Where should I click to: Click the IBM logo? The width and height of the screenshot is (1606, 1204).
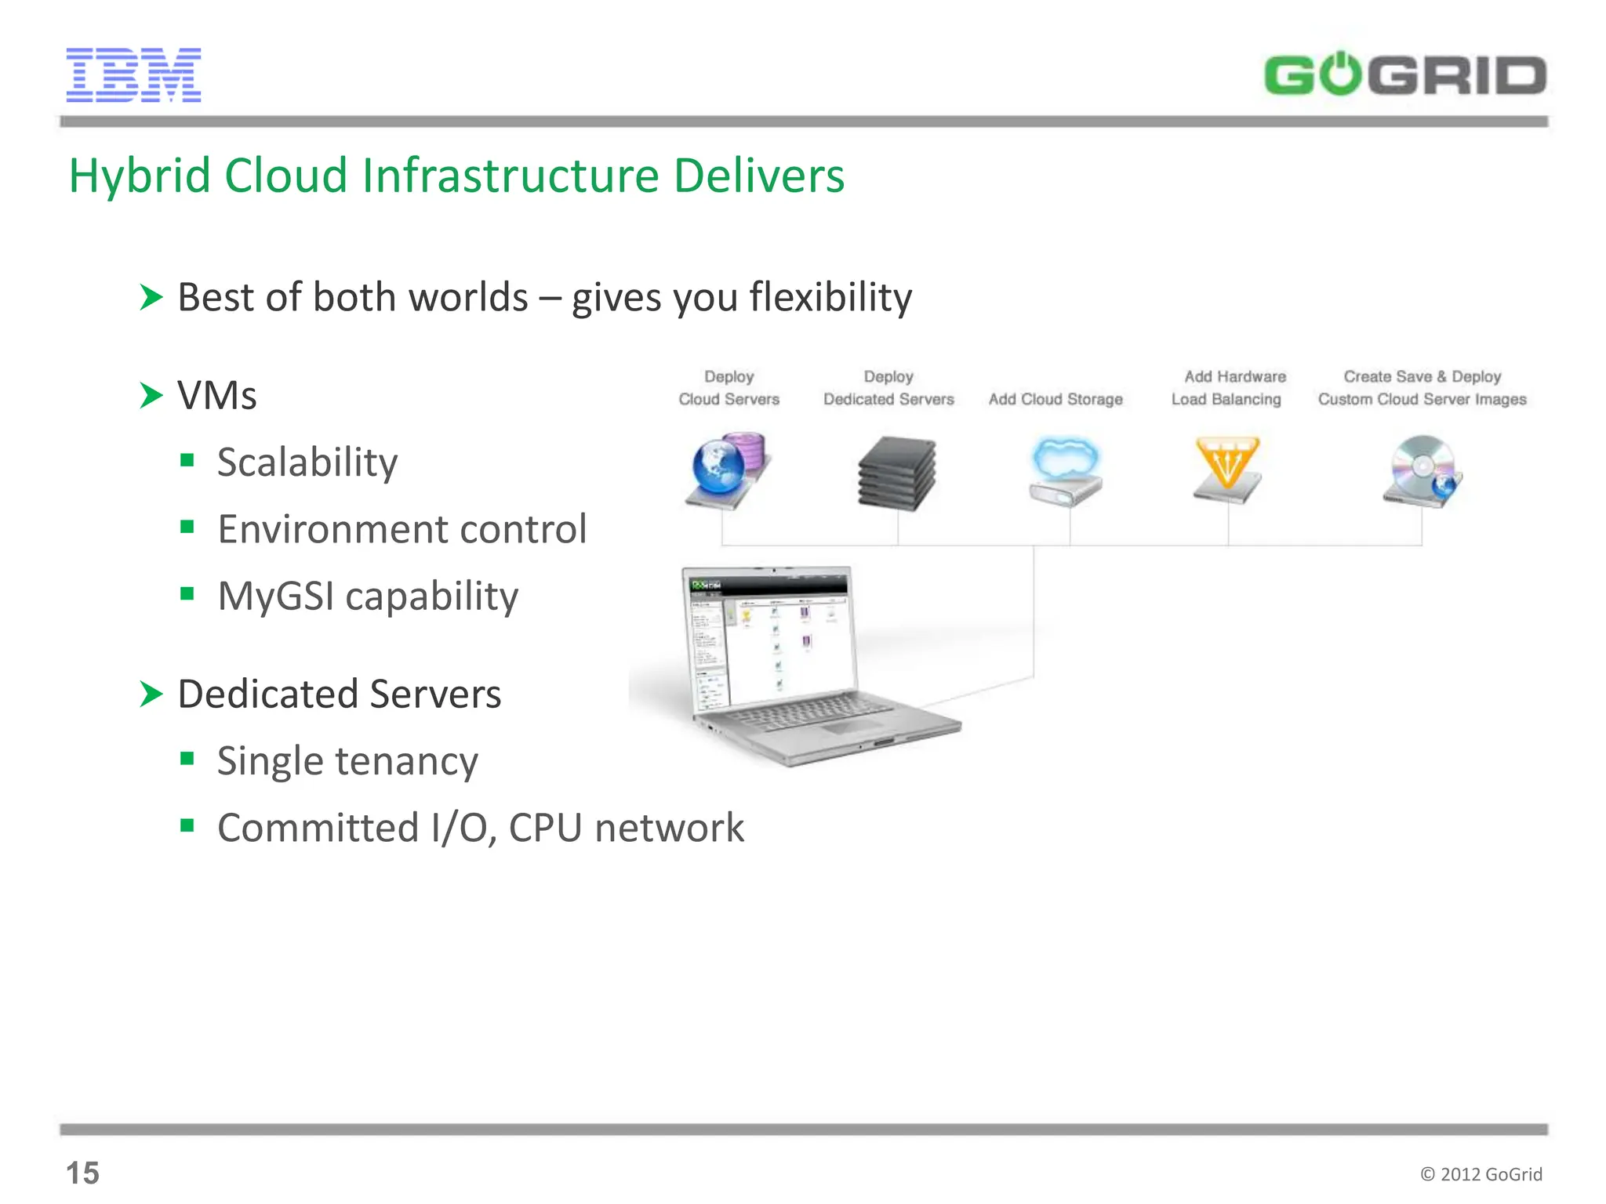[133, 75]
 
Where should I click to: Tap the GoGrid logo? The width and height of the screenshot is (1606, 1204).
[1404, 75]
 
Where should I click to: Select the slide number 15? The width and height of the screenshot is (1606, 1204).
[82, 1173]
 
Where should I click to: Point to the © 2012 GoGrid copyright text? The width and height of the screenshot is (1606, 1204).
[1481, 1173]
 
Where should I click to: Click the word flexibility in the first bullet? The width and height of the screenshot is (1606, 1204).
[830, 298]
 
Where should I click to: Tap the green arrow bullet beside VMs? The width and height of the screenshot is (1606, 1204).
[151, 395]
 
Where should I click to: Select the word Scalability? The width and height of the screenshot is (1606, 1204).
[307, 462]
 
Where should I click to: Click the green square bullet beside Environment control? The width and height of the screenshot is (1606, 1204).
[187, 527]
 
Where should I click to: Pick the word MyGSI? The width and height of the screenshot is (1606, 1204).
[276, 597]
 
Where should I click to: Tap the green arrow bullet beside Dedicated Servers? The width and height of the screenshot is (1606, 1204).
[151, 694]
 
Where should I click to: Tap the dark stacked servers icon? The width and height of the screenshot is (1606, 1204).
[896, 473]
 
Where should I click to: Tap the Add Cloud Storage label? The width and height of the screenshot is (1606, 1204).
[1056, 400]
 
